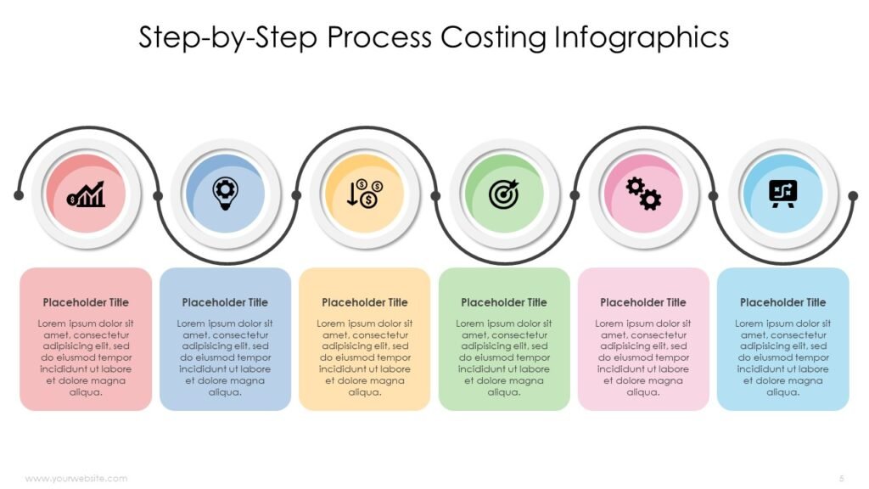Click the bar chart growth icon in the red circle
(86, 194)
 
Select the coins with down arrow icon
(364, 194)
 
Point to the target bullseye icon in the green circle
(504, 194)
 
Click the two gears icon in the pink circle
(643, 194)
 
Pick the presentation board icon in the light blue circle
(782, 194)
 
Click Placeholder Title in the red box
(86, 302)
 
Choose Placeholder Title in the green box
(504, 302)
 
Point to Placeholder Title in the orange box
(365, 302)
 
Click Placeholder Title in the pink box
(643, 302)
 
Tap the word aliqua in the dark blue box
(225, 392)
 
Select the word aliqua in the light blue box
(783, 392)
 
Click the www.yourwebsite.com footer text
(76, 479)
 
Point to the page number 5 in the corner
(842, 478)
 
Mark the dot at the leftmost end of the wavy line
(19, 195)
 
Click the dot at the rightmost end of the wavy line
(853, 196)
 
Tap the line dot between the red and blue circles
(157, 196)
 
